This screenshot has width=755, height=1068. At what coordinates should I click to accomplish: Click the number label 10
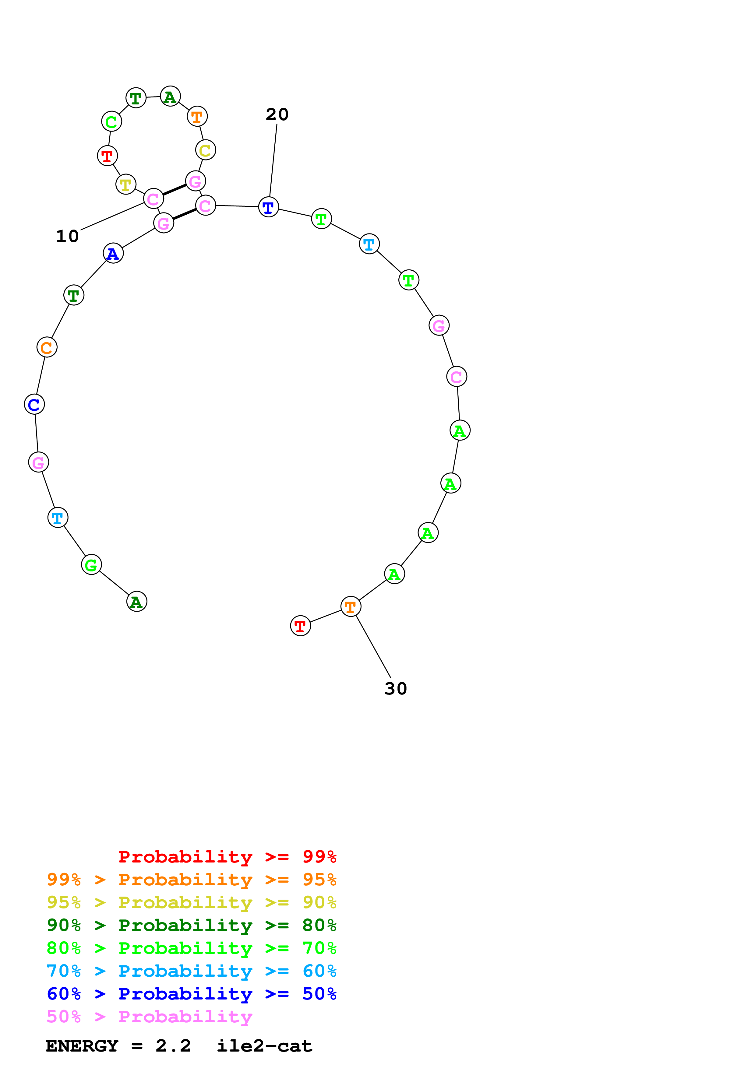pyautogui.click(x=67, y=236)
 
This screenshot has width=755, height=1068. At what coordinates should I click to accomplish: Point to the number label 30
pyautogui.click(x=395, y=688)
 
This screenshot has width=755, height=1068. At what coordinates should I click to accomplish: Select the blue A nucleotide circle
pyautogui.click(x=113, y=254)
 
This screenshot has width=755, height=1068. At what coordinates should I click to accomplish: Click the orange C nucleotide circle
pyautogui.click(x=47, y=347)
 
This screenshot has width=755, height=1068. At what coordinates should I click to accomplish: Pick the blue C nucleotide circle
pyautogui.click(x=34, y=404)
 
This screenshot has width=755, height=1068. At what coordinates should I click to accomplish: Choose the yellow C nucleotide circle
pyautogui.click(x=206, y=150)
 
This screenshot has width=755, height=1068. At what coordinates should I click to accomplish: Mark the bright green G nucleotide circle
pyautogui.click(x=91, y=565)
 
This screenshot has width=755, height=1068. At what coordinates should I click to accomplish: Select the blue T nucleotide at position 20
pyautogui.click(x=268, y=207)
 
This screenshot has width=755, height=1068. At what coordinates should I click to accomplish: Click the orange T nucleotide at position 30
pyautogui.click(x=351, y=606)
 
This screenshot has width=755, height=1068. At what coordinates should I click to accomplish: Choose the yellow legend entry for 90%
pyautogui.click(x=191, y=902)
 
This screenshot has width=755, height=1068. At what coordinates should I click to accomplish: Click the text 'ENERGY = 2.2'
pyautogui.click(x=118, y=1046)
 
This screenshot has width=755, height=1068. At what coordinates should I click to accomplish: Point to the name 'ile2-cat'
pyautogui.click(x=264, y=1046)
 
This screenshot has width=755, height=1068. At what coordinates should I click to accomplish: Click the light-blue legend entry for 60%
pyautogui.click(x=191, y=971)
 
